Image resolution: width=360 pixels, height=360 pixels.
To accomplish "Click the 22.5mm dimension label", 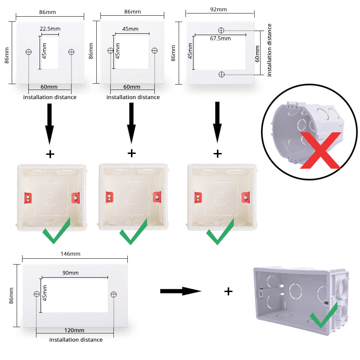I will [x=50, y=29].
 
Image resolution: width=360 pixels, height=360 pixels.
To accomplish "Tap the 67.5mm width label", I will [x=220, y=39].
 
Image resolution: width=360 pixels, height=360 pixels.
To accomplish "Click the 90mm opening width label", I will [x=71, y=273].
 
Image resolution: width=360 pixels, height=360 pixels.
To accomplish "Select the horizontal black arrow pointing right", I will [x=180, y=291].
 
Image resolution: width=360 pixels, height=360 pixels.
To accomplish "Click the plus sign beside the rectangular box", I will [x=229, y=291].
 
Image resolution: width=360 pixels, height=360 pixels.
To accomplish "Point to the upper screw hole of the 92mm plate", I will [x=221, y=30].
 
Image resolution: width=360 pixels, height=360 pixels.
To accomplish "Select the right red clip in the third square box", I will [x=246, y=197].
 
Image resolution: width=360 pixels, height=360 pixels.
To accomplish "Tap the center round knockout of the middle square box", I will [x=132, y=197].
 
